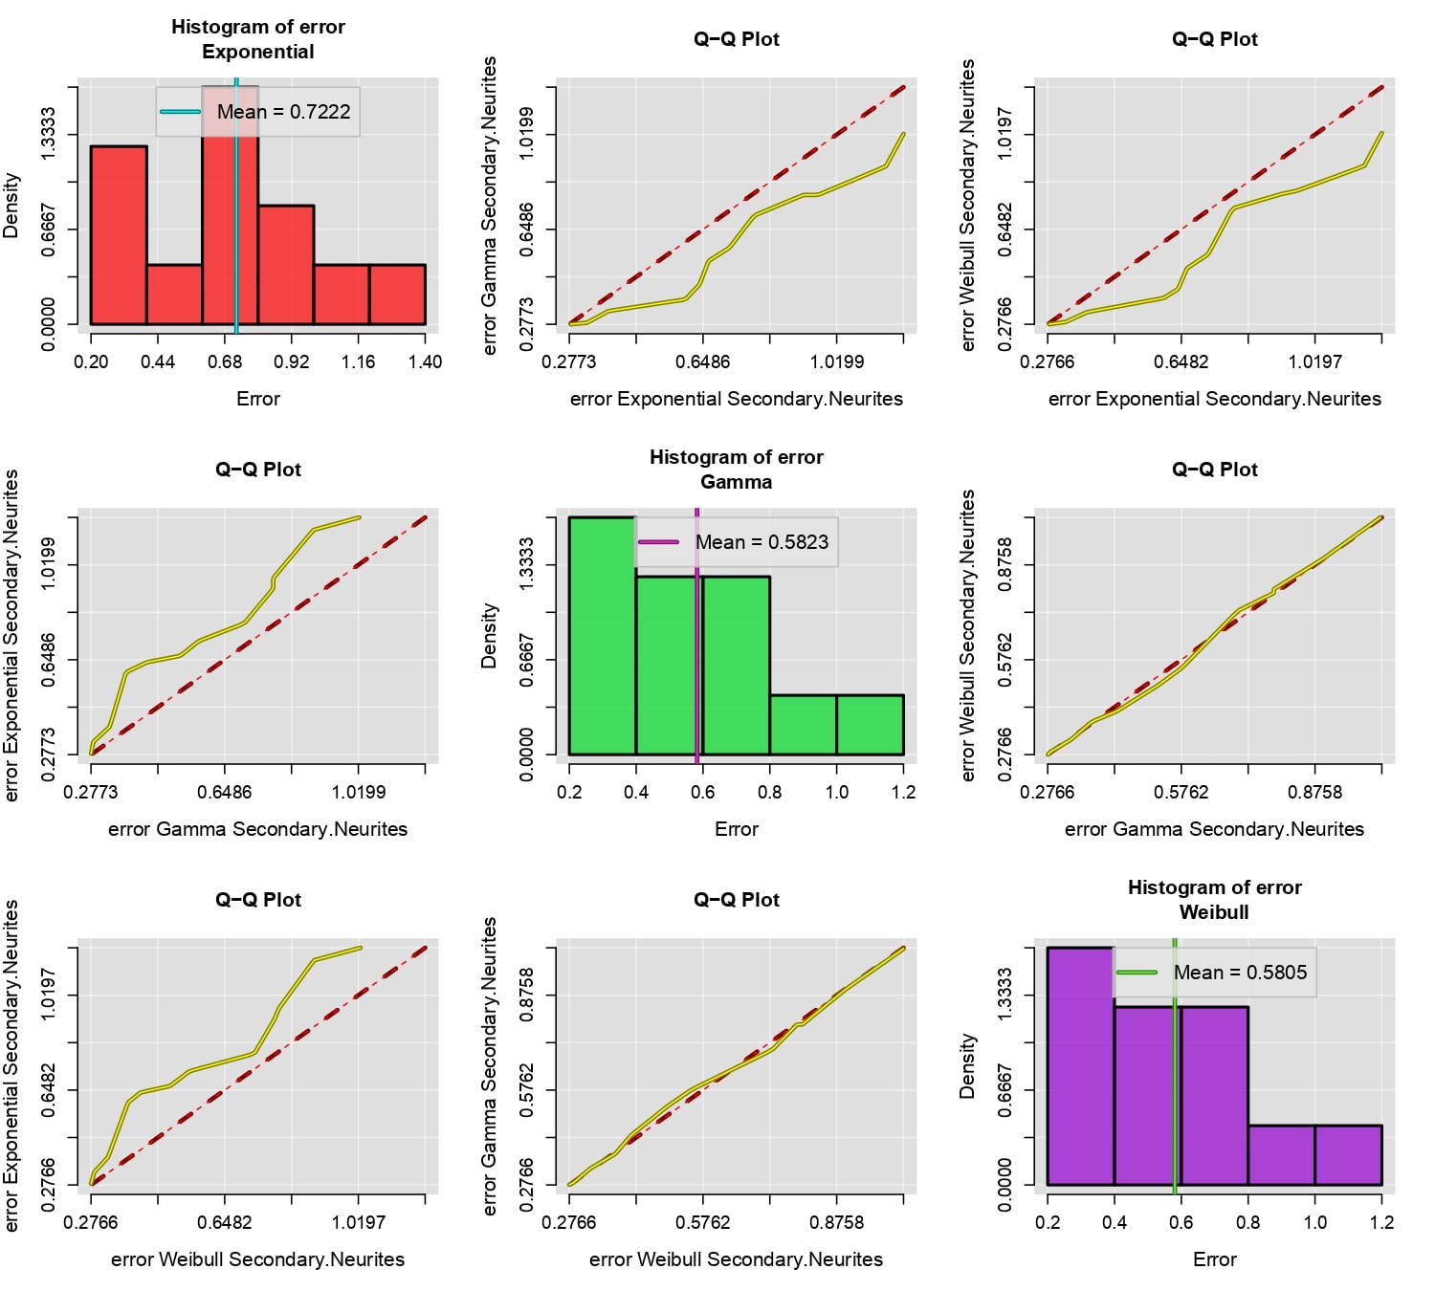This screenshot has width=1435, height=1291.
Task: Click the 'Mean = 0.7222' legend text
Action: [283, 112]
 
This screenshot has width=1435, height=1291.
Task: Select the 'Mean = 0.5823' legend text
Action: [762, 542]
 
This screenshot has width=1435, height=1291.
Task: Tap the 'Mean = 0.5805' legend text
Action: [1240, 973]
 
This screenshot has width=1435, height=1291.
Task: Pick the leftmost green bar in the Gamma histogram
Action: [603, 636]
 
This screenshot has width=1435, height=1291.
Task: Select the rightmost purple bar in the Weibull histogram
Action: [1348, 1155]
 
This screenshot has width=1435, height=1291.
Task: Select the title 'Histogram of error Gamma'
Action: [736, 470]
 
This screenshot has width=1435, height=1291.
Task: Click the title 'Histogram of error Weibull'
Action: [1215, 900]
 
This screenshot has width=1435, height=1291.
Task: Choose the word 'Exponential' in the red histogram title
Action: [257, 52]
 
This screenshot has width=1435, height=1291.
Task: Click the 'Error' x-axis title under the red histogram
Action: [257, 399]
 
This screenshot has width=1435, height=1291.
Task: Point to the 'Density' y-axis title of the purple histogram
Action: [967, 1065]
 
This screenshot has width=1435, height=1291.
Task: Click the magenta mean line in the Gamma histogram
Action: [696, 636]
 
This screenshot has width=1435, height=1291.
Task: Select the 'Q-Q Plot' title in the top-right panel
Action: [1215, 39]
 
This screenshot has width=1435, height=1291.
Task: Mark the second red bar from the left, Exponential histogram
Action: [174, 295]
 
